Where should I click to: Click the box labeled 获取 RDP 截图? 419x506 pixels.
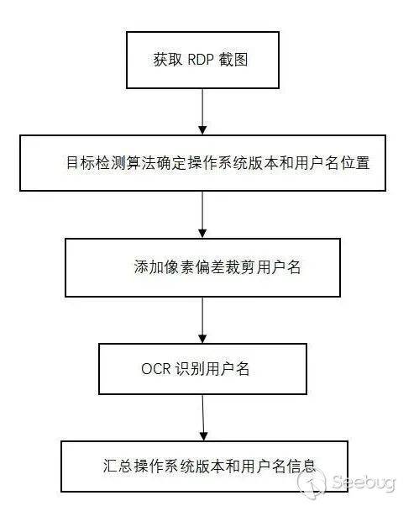(202, 60)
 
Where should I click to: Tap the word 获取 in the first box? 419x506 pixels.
(165, 61)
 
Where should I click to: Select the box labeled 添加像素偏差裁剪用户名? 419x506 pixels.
(202, 268)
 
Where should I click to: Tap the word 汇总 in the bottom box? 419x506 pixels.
(105, 466)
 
